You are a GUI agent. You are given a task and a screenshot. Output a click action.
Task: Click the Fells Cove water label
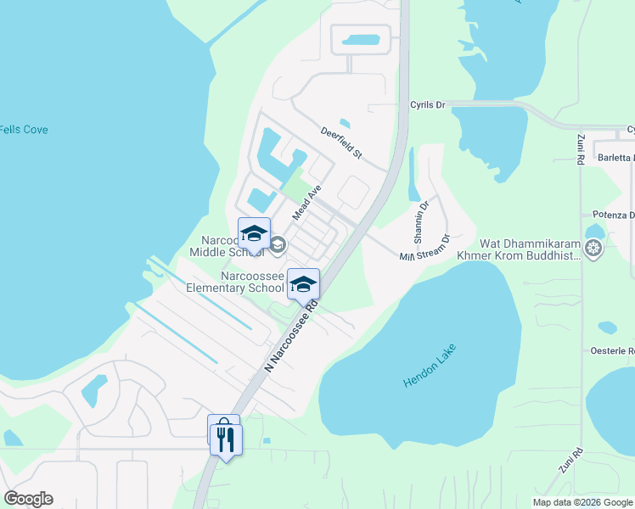(24, 130)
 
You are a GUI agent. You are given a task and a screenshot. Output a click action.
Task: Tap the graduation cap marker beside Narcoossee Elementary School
(303, 284)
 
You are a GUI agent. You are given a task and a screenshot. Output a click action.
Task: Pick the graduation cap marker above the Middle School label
(254, 234)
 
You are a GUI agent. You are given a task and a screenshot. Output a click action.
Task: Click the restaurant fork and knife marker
(227, 439)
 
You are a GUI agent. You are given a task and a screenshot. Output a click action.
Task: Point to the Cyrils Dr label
(428, 105)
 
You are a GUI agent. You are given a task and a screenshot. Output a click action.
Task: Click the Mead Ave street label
(306, 204)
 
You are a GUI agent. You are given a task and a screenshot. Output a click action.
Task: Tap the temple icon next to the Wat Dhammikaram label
(593, 249)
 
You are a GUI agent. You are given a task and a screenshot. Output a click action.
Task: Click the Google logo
(28, 499)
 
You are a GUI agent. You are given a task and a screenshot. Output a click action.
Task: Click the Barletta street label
(615, 158)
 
